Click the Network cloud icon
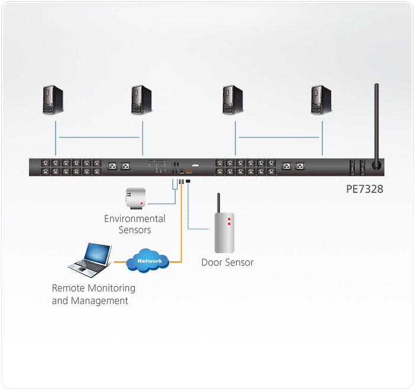click(150, 260)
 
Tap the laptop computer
click(90, 260)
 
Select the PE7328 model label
click(365, 190)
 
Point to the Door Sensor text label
click(227, 263)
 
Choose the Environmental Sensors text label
click(135, 224)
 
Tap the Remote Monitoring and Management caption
click(93, 294)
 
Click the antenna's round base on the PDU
click(375, 166)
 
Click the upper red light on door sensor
click(228, 219)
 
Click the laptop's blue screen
click(95, 253)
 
